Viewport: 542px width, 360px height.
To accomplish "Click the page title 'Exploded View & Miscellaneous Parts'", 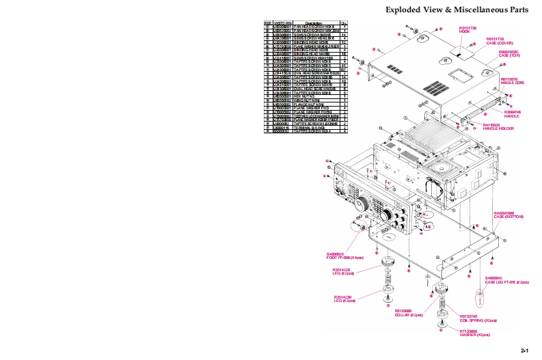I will coord(457,10).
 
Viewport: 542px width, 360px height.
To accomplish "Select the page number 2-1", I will coord(525,350).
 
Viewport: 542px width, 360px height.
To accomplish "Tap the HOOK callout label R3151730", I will coord(468,29).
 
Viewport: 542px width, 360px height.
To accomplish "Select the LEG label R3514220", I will coord(341,272).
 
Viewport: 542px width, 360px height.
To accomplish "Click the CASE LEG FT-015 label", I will coord(506,280).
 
